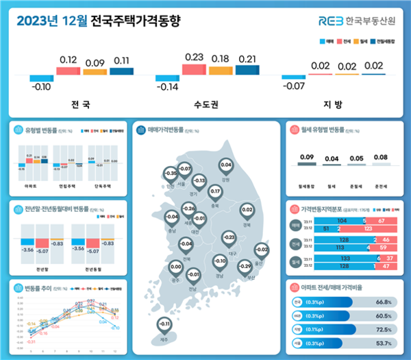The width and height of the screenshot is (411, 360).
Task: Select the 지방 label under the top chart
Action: [x=332, y=106]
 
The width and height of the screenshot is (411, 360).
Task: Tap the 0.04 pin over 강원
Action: [x=226, y=165]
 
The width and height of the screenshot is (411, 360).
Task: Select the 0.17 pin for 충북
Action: [x=214, y=191]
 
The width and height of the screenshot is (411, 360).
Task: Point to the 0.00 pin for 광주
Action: [x=175, y=267]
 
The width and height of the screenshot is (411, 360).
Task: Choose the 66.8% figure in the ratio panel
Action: [x=383, y=302]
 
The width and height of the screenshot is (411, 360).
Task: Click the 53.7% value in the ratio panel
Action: [x=383, y=343]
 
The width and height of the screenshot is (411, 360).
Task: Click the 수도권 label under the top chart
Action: [x=206, y=106]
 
